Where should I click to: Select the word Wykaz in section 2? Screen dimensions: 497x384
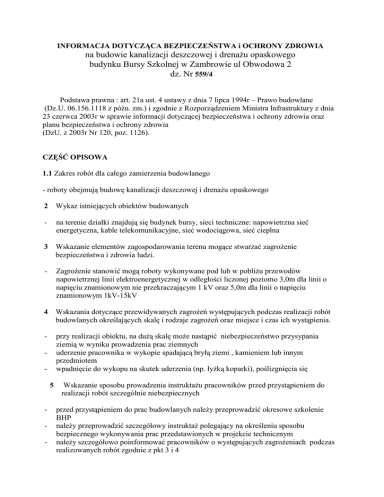(70, 218)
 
